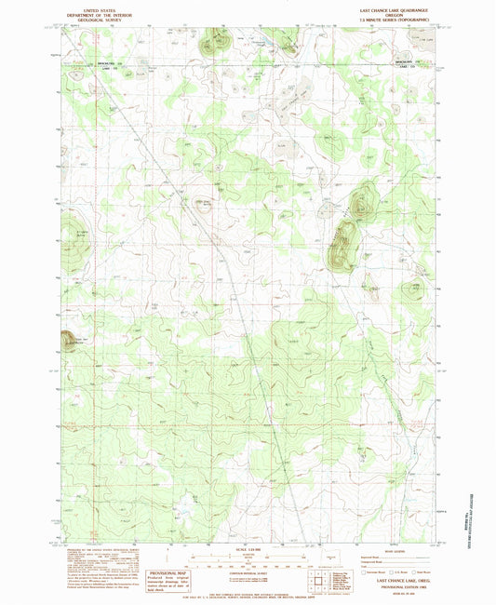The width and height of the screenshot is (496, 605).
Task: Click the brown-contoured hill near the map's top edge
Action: [x=219, y=41]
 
